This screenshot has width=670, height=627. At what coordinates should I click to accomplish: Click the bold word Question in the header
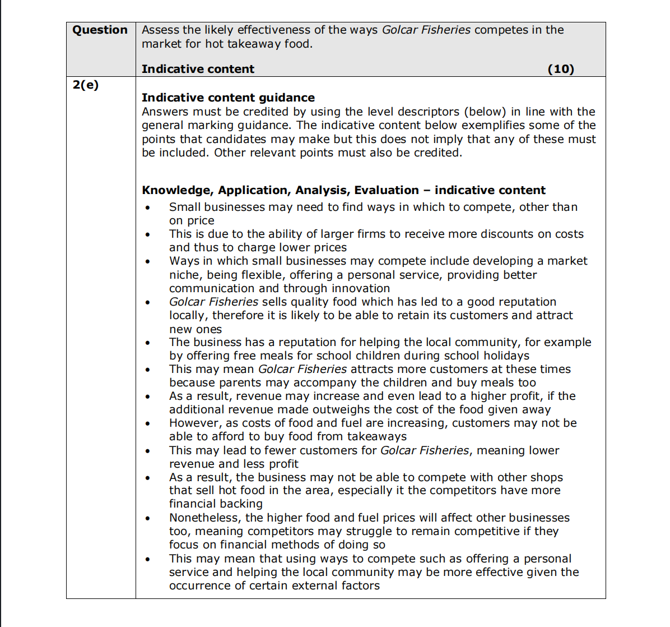(100, 30)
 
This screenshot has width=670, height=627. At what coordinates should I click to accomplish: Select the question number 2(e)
(86, 85)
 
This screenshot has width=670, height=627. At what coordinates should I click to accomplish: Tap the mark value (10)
(561, 69)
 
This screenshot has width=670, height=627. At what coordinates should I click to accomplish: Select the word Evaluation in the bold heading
(387, 190)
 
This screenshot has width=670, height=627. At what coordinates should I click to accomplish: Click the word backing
(239, 504)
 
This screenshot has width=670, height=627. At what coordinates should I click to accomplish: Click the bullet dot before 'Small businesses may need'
(147, 208)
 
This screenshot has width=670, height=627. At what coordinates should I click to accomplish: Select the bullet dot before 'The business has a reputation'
(147, 343)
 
